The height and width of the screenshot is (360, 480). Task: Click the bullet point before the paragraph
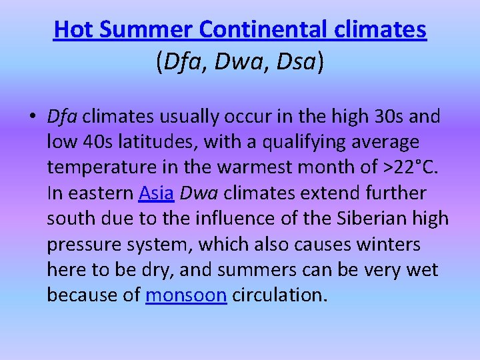tap(33, 117)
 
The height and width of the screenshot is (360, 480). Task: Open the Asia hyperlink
tap(156, 193)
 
